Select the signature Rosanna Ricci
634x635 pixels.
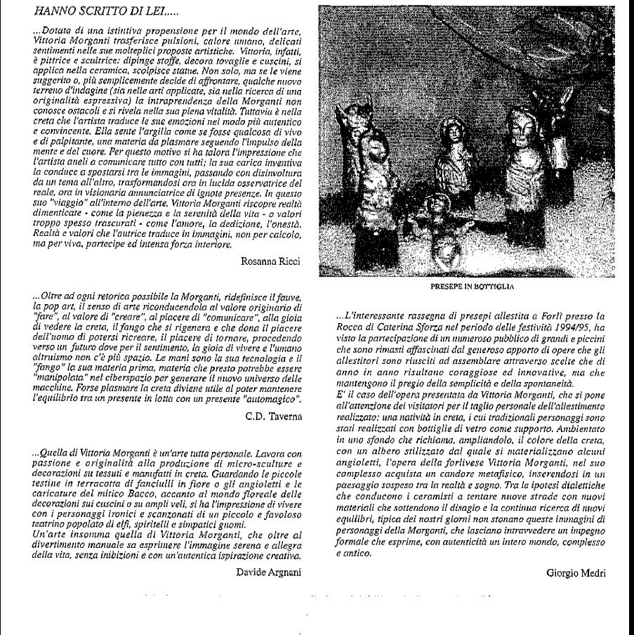tap(271, 262)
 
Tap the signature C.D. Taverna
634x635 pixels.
tap(274, 417)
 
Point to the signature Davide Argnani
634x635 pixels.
tap(269, 571)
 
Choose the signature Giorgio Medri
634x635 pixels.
tap(575, 572)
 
